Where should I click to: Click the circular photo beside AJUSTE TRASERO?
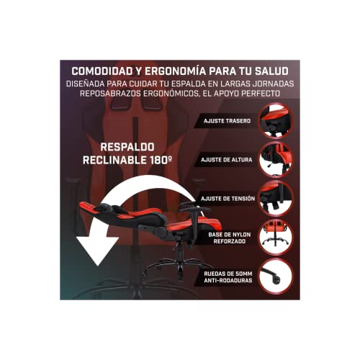tap(276, 120)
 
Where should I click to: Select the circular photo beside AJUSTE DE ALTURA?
tap(276, 159)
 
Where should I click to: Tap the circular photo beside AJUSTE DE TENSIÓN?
tap(276, 198)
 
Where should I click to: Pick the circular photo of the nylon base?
tap(276, 238)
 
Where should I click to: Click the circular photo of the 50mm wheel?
tap(276, 276)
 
